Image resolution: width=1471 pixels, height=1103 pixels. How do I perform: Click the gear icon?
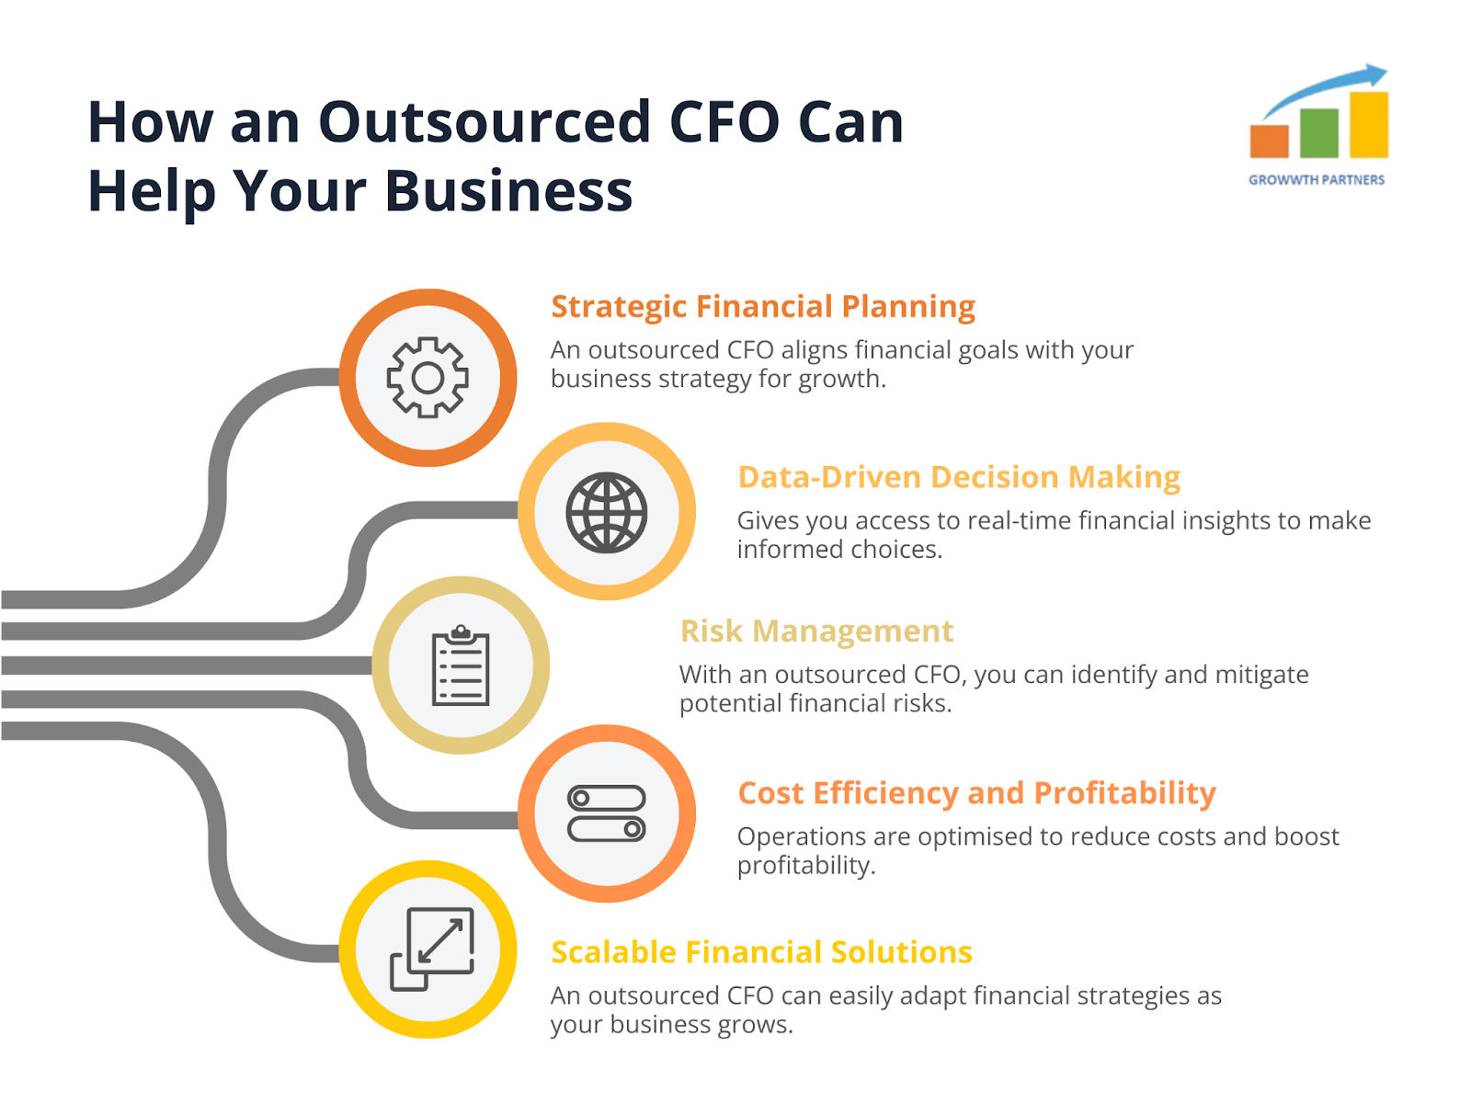coord(427,377)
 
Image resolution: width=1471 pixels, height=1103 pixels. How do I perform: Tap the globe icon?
coord(606,512)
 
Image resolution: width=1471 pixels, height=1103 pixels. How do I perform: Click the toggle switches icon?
coord(606,813)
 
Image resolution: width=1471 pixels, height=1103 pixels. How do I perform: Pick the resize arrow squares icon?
coord(431,949)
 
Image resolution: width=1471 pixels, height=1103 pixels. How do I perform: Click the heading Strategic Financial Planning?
coord(763,307)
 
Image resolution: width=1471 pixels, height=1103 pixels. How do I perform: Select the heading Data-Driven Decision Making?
coord(958,477)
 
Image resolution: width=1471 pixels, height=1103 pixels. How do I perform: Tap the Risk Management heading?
coord(816,631)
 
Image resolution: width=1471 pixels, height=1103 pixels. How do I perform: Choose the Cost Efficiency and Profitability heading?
coord(976,793)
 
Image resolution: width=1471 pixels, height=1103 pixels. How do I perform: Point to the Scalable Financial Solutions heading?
coord(761,951)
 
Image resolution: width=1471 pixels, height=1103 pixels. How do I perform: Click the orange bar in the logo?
coord(1269,142)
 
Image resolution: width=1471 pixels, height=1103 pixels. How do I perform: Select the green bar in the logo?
coord(1318,133)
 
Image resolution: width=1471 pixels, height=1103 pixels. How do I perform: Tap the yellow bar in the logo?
coord(1368,125)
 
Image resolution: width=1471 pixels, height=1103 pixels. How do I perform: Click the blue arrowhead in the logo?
coord(1375,74)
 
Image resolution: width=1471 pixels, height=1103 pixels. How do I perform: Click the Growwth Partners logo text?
coord(1316,179)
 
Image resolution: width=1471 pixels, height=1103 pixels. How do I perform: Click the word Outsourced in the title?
coord(484,122)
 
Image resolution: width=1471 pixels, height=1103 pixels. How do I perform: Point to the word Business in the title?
coord(508,191)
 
